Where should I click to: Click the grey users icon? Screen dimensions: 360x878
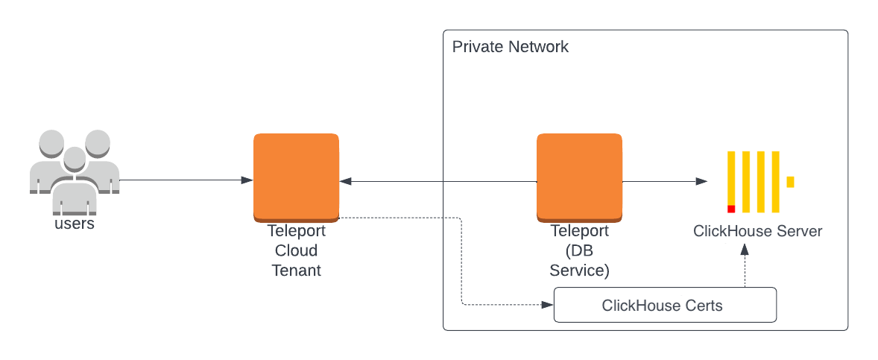(74, 170)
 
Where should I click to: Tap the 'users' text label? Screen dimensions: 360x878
(75, 224)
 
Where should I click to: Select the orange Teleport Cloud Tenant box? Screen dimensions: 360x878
(296, 177)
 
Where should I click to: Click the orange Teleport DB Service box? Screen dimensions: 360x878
(579, 177)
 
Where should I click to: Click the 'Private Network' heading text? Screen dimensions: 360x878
(511, 47)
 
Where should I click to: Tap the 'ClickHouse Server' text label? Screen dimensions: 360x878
(757, 231)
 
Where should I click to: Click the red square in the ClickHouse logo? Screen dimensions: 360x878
(731, 209)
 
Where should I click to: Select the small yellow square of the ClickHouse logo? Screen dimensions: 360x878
(790, 182)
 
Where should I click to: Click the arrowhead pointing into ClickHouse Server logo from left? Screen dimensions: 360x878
(701, 181)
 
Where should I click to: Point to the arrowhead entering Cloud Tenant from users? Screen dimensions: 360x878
(246, 180)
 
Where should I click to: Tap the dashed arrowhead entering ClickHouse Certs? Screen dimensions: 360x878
(548, 305)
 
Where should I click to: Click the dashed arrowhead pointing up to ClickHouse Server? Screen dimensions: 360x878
(744, 250)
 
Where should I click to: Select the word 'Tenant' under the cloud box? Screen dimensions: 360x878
(296, 270)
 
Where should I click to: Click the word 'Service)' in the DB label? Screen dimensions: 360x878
(579, 270)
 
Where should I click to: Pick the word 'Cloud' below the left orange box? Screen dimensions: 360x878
(296, 250)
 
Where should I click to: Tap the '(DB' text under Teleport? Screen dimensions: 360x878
(579, 250)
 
